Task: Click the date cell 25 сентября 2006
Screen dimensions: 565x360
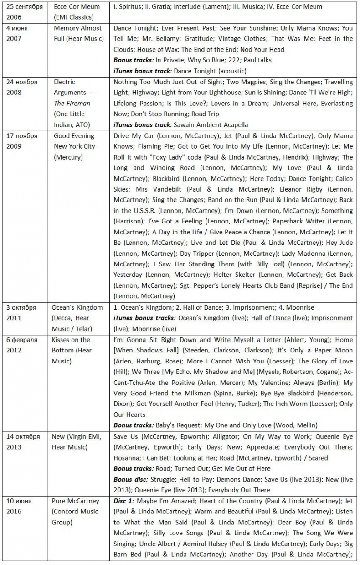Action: click(25, 12)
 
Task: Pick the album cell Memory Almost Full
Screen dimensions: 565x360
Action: click(79, 33)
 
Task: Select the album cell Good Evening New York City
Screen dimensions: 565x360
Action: click(74, 146)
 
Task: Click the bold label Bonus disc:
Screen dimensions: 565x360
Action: click(130, 479)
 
